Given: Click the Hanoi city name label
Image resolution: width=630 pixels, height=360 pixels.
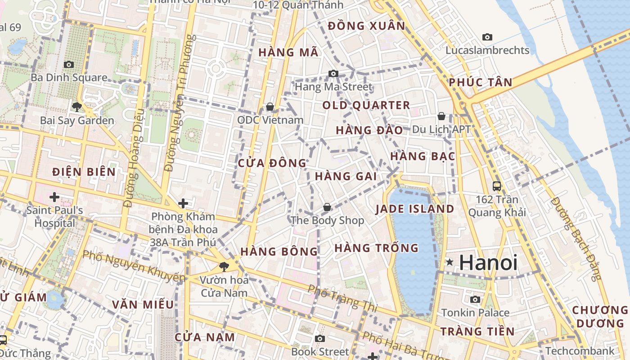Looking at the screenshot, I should click(x=488, y=262).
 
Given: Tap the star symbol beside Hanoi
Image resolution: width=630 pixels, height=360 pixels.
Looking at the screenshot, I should click(x=449, y=262).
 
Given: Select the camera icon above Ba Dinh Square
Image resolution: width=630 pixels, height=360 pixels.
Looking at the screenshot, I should click(x=69, y=65).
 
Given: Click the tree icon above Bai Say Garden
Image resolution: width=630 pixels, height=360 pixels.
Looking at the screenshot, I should click(x=76, y=107).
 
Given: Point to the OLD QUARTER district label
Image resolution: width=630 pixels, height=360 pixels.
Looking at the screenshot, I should click(x=366, y=106).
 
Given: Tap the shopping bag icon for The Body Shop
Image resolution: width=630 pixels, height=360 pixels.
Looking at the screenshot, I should click(x=327, y=207).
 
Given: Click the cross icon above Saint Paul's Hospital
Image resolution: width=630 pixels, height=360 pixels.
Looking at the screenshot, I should click(x=54, y=197).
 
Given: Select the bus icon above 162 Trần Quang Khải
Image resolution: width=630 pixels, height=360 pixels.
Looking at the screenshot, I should click(x=497, y=186).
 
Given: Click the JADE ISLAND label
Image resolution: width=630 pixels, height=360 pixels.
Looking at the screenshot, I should click(x=414, y=209).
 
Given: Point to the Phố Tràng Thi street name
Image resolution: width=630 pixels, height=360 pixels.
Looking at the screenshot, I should click(x=342, y=298).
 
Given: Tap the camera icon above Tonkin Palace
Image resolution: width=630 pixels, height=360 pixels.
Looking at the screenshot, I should click(x=475, y=299).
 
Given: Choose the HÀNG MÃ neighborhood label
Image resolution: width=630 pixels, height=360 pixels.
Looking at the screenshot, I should click(x=288, y=53).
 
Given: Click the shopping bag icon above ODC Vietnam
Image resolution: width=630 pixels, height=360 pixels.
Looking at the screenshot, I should click(x=270, y=107).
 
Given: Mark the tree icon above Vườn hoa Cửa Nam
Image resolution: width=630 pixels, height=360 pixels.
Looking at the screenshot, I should click(x=224, y=266).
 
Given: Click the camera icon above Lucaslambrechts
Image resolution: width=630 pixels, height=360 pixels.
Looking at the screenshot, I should click(x=487, y=37).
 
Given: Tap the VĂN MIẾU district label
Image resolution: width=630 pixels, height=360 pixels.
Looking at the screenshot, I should click(x=143, y=305).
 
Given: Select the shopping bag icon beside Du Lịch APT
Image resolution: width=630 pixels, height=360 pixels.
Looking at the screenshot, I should click(x=441, y=116).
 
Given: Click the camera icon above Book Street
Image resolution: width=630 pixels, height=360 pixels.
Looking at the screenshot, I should click(x=319, y=338).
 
